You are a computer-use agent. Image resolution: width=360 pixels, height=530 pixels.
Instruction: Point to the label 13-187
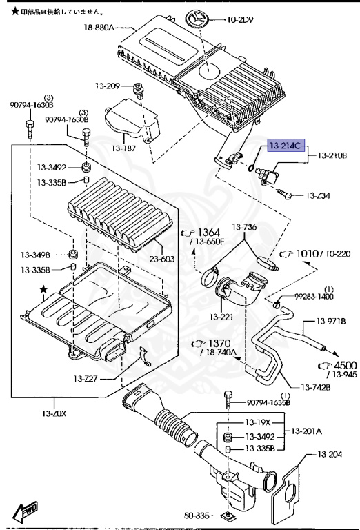tap(128, 148)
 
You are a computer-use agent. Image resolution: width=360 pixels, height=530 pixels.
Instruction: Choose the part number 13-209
tap(107, 86)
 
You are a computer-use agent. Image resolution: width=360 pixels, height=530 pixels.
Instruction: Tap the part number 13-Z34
tap(317, 196)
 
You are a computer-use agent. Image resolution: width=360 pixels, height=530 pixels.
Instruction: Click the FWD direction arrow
tap(26, 510)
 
